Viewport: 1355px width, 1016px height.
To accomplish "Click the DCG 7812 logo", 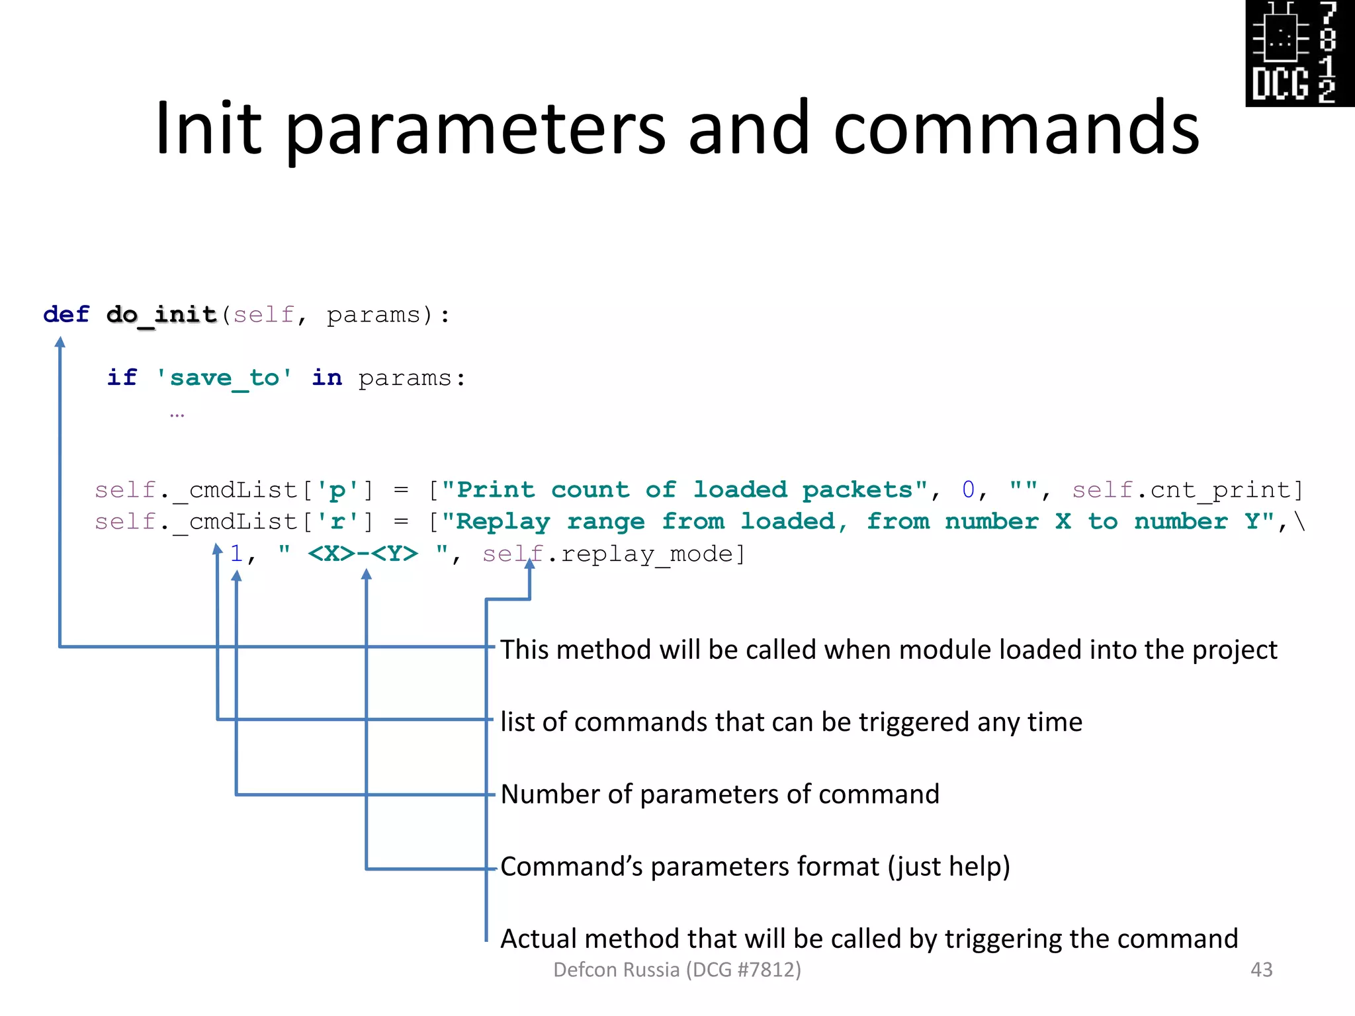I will (x=1299, y=53).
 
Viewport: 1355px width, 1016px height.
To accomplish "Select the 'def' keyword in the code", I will (x=66, y=314).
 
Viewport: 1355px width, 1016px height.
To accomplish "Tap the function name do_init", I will (x=161, y=315).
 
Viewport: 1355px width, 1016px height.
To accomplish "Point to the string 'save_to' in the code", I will (x=224, y=378).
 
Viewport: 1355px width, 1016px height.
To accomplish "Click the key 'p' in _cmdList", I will (x=337, y=490).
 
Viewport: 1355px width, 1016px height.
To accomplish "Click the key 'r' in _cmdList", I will (x=337, y=522).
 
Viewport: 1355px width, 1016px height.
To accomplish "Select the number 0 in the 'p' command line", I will (x=968, y=490).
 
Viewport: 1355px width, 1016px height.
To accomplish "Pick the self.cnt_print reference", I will (x=1187, y=490).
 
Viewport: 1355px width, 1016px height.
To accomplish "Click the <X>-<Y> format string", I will (x=363, y=553).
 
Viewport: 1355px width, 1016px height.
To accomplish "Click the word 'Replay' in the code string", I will (x=503, y=522).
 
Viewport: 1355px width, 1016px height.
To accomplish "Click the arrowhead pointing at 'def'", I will (x=60, y=342).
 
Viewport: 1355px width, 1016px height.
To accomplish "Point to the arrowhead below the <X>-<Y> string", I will (x=367, y=574).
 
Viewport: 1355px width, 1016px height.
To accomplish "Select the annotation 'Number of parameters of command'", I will (x=720, y=794).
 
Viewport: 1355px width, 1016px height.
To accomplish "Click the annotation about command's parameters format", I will (x=755, y=867).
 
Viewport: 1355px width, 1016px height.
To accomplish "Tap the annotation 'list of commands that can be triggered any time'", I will (x=791, y=722).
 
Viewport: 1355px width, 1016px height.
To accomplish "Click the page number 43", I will (x=1261, y=970).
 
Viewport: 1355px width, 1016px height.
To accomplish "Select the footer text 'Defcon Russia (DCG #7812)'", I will (x=677, y=970).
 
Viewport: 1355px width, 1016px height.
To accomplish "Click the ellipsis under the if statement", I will (x=177, y=415).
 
